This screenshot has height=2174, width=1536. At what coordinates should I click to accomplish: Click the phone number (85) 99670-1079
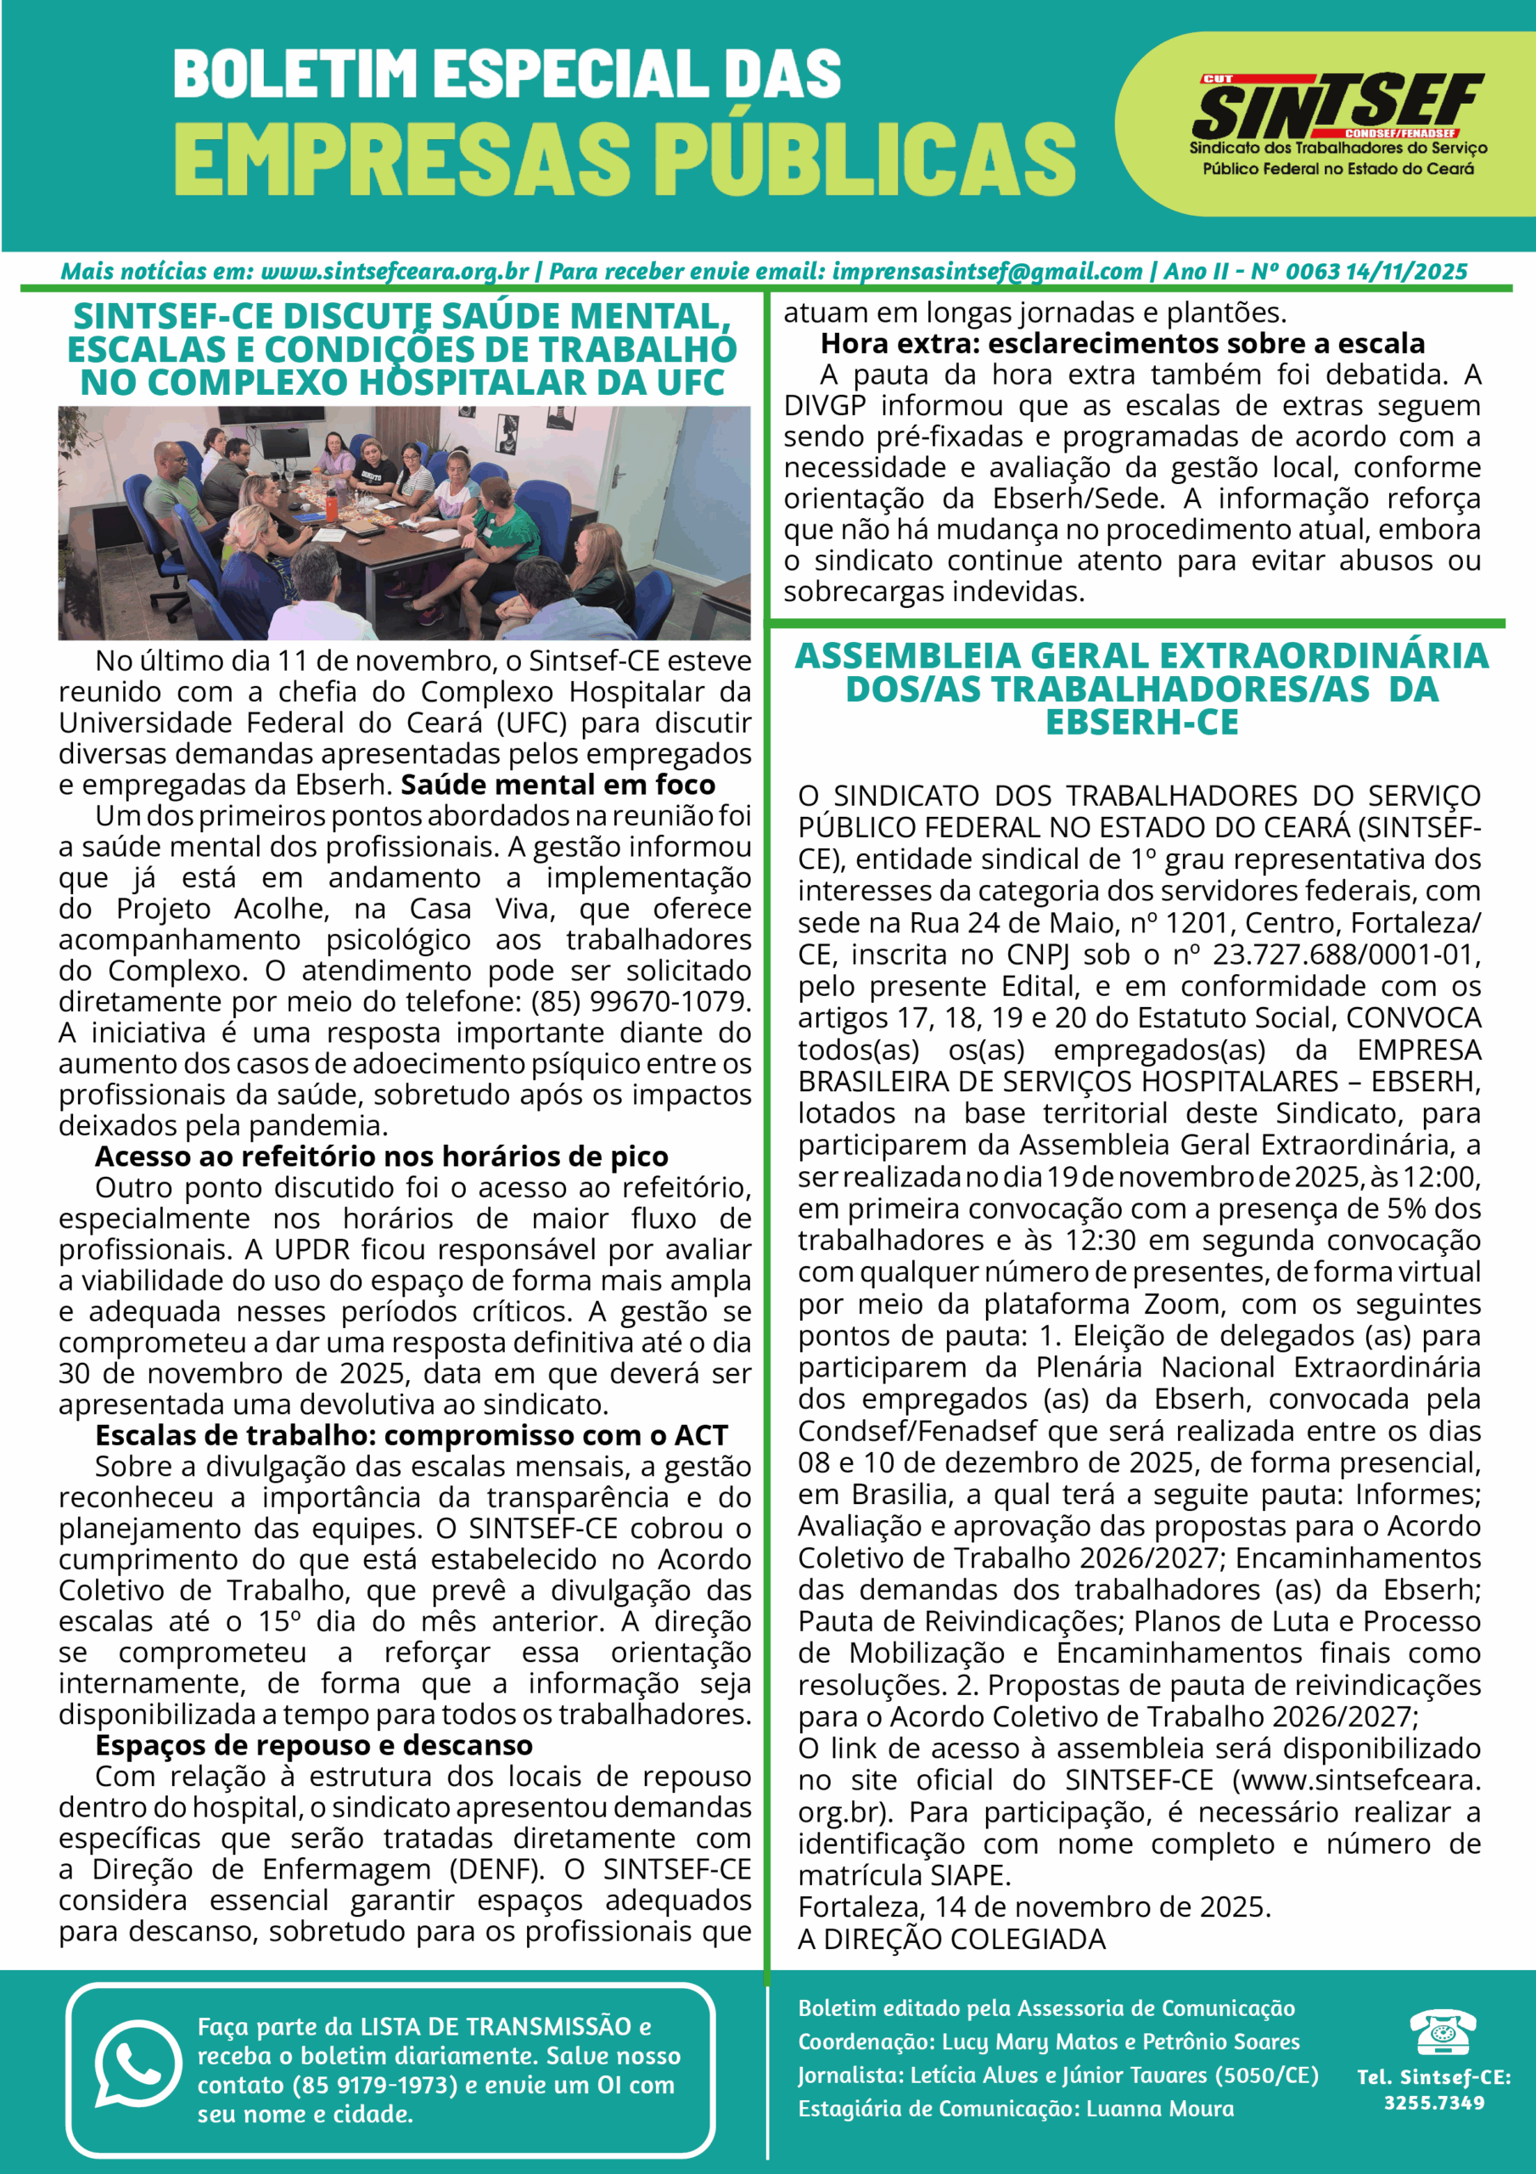tap(641, 1001)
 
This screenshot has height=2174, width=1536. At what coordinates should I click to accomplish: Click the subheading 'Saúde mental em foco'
tap(558, 785)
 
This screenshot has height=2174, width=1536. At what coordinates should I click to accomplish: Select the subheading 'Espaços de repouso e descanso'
tap(313, 1745)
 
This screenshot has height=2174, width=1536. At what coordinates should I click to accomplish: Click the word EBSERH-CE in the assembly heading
tap(1141, 723)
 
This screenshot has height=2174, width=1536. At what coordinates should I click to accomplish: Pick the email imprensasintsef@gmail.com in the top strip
tap(987, 272)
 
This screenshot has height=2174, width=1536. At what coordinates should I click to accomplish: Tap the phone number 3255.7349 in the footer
tap(1434, 2103)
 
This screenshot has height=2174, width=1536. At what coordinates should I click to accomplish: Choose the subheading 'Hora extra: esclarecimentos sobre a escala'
tap(1123, 343)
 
